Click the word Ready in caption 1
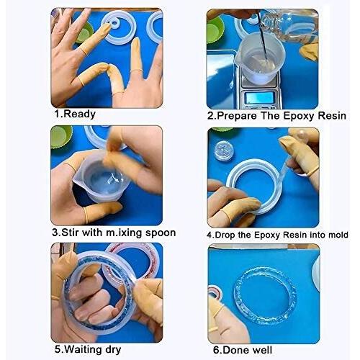tap(81, 113)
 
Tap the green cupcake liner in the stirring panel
tap(61, 135)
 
